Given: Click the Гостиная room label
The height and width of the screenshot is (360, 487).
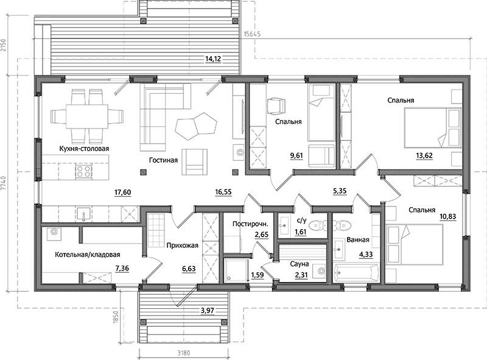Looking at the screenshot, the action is point(163,160).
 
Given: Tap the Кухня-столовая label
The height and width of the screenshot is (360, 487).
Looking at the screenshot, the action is point(84,149).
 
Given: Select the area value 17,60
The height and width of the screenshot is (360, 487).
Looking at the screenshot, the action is point(123,192).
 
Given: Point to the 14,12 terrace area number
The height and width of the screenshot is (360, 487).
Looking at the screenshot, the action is point(213,58).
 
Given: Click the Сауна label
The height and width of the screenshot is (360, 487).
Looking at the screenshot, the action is point(300,264).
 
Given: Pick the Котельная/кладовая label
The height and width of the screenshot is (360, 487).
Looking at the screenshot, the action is point(88,255).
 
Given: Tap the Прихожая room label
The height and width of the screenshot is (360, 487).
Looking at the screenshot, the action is point(182,245).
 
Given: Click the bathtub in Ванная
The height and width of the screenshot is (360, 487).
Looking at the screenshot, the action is point(356,273).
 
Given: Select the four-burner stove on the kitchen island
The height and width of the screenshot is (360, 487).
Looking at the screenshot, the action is point(84,171).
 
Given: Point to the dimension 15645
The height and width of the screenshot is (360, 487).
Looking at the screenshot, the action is point(252,34).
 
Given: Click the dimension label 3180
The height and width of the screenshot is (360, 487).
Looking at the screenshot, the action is point(184,353).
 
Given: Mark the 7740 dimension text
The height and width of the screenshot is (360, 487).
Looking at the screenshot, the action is point(4,185).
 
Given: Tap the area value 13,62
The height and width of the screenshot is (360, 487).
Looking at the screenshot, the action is point(424,155).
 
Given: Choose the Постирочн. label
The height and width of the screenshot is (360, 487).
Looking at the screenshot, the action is point(250,224).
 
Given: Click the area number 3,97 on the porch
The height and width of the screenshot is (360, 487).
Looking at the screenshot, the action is point(208,310).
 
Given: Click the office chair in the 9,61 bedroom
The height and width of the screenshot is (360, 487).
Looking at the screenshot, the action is point(276,107).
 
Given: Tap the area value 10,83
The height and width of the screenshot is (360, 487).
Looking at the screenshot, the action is point(447,216).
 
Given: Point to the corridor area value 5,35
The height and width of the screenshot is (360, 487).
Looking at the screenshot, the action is point(340,191).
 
